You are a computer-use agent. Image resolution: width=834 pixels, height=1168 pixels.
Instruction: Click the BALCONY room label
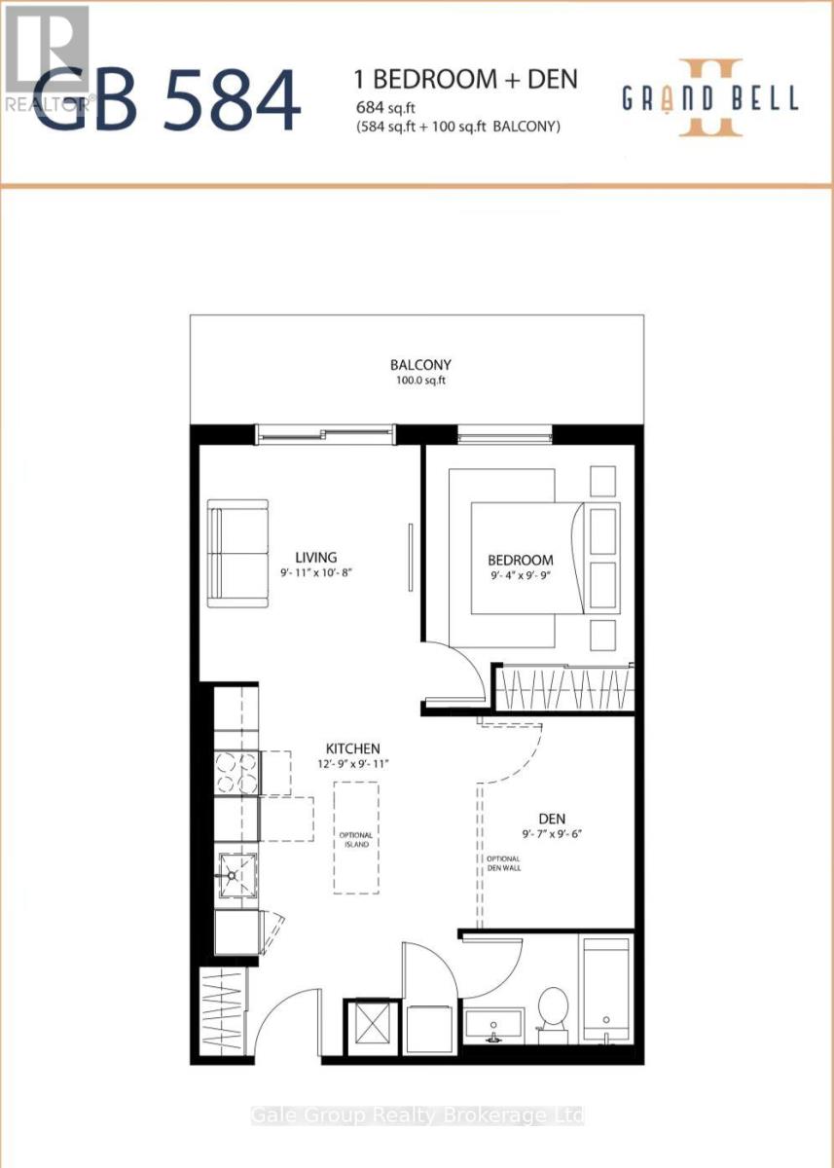pos(420,364)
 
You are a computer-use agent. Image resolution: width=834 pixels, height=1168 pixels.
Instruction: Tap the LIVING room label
pos(316,557)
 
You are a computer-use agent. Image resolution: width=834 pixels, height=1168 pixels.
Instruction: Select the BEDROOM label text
pos(521,560)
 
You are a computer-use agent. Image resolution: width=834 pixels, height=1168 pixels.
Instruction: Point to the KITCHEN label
pos(353,748)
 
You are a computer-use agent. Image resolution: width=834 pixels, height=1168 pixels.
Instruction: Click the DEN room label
pos(552,819)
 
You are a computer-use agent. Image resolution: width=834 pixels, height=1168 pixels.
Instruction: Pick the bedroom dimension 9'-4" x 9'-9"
pos(520,575)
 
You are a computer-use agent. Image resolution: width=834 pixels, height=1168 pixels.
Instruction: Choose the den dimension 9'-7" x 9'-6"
pos(552,834)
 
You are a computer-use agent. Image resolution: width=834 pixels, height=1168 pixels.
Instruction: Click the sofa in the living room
pos(238,553)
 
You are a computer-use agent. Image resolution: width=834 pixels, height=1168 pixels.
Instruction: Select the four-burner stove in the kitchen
pos(237,772)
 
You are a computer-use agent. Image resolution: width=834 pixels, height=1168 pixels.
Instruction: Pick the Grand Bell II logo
pos(710,98)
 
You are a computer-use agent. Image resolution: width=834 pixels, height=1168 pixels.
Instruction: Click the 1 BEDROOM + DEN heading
pos(466,79)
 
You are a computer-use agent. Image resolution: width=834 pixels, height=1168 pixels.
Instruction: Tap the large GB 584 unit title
pos(167,100)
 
